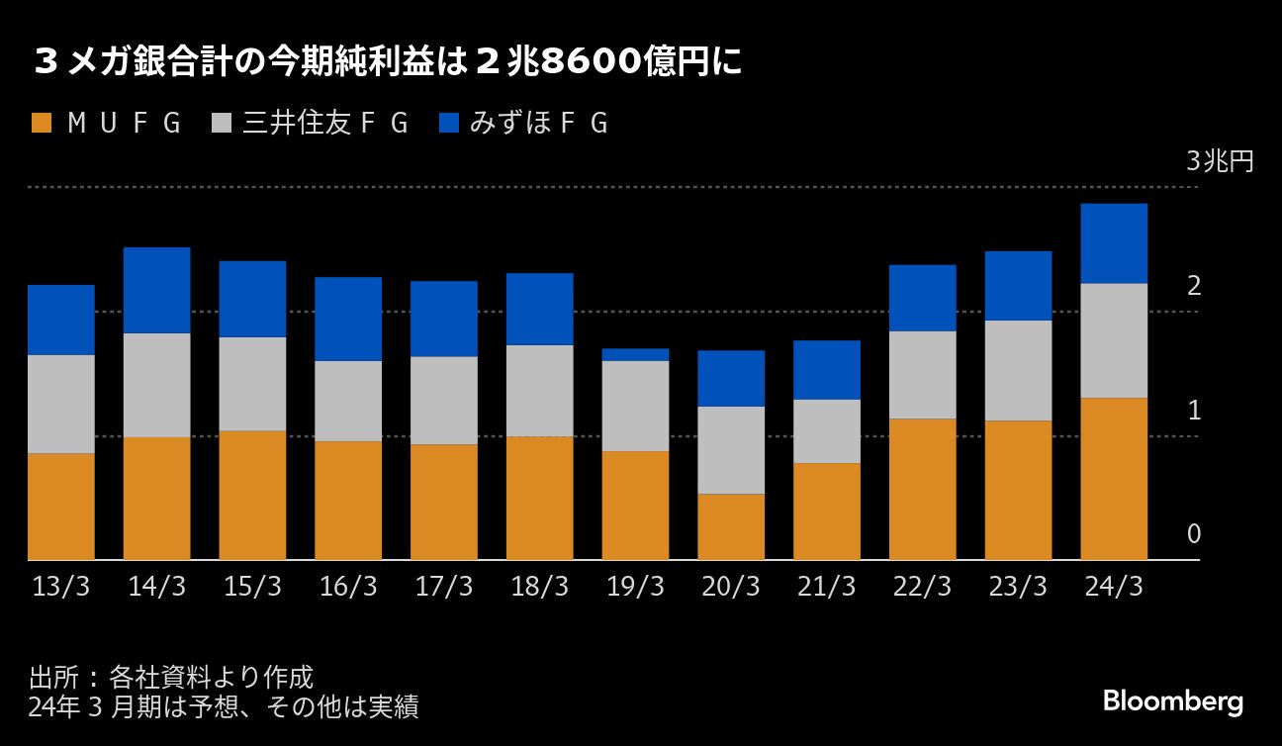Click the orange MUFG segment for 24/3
1114,479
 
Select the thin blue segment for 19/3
635,354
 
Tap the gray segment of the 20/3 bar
731,450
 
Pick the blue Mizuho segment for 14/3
156,290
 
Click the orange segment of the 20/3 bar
731,526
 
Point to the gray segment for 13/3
61,404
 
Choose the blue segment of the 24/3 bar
1114,243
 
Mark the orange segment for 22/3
922,489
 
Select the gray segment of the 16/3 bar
348,401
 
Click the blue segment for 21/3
827,370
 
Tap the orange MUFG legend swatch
42,124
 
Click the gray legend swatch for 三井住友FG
223,124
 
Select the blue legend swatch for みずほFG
449,124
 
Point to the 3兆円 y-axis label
1220,161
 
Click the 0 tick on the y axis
1194,534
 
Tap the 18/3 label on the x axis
539,587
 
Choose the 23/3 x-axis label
1018,587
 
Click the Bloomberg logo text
1173,702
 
